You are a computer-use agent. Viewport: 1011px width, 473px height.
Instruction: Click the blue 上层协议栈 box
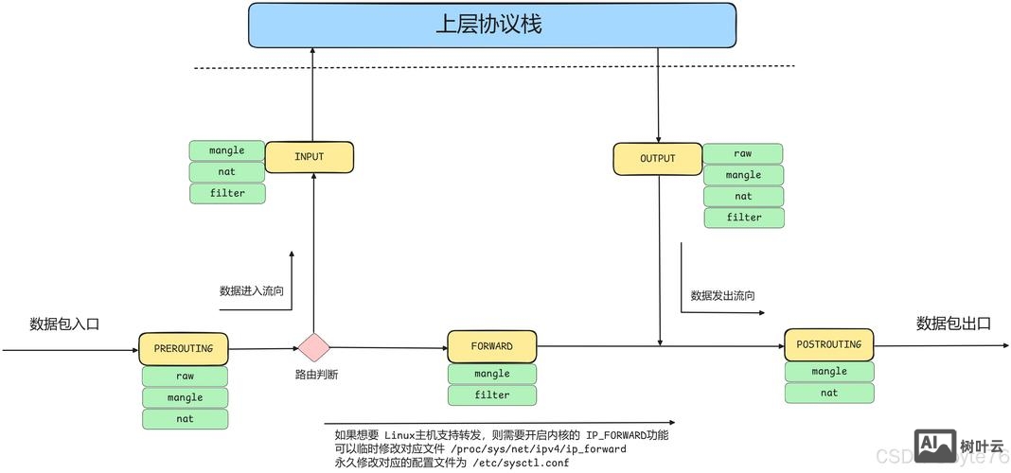[491, 26]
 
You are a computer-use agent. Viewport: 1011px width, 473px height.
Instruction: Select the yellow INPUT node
[309, 157]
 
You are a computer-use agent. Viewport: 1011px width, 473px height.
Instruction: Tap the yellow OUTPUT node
[657, 159]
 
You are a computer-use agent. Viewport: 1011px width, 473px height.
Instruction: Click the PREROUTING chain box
[184, 349]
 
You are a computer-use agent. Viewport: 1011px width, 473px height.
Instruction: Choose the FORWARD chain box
[491, 346]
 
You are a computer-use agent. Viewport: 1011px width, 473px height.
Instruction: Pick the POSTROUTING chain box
[828, 344]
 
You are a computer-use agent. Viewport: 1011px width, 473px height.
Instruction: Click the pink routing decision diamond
[314, 347]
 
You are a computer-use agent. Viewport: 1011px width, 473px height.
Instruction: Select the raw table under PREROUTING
[185, 376]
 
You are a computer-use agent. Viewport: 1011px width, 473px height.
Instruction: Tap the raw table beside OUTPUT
[742, 153]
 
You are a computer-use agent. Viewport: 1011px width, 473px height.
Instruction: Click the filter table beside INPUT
[227, 193]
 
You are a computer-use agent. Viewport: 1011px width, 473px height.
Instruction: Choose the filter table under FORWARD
[491, 395]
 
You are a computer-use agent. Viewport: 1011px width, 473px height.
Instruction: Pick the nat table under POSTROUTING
[828, 393]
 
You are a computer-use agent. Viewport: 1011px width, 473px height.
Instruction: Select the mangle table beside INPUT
[227, 150]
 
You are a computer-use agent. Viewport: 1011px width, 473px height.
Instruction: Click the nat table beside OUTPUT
[743, 197]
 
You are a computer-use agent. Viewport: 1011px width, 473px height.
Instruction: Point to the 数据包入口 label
[64, 324]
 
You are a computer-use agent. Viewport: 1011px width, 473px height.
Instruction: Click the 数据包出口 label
[952, 324]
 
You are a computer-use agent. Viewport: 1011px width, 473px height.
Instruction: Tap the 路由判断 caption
[316, 375]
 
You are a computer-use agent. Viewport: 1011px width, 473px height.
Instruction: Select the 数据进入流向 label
[251, 291]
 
